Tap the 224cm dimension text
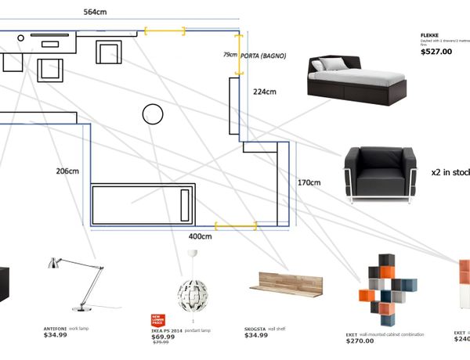pos(265,92)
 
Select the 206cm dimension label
pos(67,171)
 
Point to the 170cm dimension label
pos(309,183)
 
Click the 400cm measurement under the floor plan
pos(201,236)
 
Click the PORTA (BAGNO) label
pos(263,56)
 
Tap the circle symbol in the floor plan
pos(152,114)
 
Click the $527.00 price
pos(436,52)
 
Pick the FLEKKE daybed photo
pos(357,80)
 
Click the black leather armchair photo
pos(378,175)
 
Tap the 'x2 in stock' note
pos(450,171)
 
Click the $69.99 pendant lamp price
pos(164,336)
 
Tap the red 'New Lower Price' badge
pos(157,319)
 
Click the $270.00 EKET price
pos(361,341)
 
